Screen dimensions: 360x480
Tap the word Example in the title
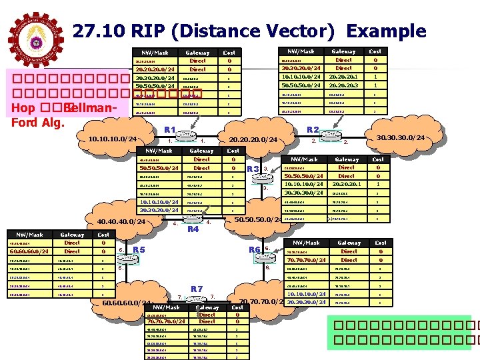pos(386,31)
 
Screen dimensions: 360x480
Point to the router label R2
pos(313,130)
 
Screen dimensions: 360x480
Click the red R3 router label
pos(252,169)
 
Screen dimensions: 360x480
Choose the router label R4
pos(193,229)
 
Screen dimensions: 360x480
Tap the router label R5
pos(139,250)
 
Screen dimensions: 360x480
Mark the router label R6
pos(255,249)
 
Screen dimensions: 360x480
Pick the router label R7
pos(197,288)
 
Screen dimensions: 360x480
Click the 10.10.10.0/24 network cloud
pos(112,139)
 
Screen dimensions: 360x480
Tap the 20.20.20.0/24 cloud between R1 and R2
pos(253,139)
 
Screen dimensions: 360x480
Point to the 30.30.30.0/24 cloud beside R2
pos(400,137)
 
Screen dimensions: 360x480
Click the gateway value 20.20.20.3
pos(343,85)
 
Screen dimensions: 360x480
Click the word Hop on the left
pos(21,109)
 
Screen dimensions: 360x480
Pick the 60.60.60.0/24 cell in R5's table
pos(28,251)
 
